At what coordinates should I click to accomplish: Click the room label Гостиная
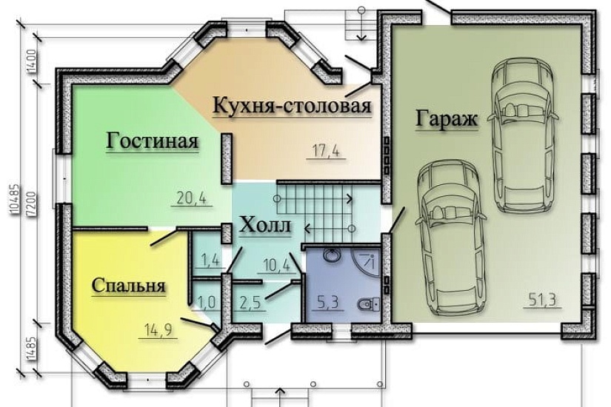point(153,141)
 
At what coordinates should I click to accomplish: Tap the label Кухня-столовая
point(291,105)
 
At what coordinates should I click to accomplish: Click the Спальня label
point(128,285)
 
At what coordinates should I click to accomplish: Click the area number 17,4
point(324,152)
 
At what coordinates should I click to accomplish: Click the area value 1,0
point(207,302)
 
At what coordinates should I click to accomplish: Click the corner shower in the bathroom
point(369,260)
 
